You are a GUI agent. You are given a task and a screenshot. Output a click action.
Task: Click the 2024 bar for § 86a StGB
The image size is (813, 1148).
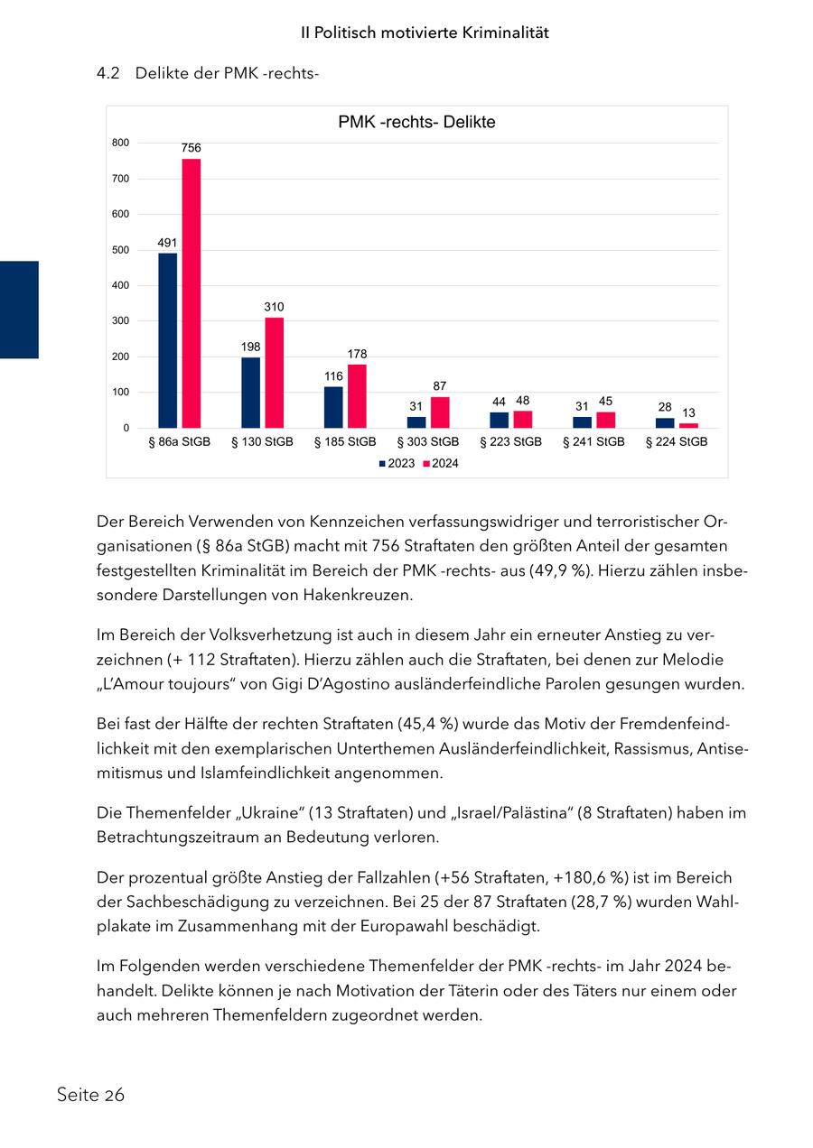[192, 293]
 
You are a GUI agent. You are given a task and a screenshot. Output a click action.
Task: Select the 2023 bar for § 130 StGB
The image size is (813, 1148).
[250, 393]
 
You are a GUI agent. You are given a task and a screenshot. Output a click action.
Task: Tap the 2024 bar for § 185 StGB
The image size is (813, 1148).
[357, 396]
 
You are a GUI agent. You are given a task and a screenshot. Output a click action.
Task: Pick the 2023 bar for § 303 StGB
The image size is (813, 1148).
[416, 421]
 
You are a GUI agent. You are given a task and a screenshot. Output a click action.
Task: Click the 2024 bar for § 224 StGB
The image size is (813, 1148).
[688, 425]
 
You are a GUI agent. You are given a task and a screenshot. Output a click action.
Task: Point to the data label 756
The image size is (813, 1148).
[191, 147]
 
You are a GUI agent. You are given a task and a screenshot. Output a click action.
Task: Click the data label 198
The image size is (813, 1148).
[250, 347]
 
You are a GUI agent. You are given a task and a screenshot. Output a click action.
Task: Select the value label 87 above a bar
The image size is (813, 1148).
[440, 385]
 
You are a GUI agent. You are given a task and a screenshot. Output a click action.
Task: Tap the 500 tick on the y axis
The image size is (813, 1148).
[121, 250]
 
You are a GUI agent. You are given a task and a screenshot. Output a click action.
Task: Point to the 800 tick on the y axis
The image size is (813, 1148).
[121, 143]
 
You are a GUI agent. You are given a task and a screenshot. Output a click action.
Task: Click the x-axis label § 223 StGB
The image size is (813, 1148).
[510, 442]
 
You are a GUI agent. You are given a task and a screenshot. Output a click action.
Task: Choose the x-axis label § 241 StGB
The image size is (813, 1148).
[593, 442]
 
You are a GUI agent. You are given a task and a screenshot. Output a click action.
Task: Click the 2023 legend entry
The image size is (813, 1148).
[397, 464]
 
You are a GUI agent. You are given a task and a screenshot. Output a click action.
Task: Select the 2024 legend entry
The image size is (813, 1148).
[441, 464]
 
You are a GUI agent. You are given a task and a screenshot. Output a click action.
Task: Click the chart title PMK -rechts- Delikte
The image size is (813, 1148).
[416, 122]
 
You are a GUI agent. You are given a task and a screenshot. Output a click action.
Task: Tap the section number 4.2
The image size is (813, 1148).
[108, 73]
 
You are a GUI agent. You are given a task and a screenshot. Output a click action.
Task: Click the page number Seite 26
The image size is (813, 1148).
[90, 1095]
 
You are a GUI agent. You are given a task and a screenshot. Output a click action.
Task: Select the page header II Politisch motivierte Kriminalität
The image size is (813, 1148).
[425, 32]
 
